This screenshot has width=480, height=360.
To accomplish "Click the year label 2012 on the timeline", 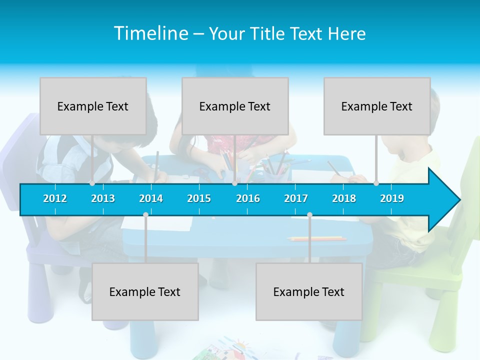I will coord(55,198).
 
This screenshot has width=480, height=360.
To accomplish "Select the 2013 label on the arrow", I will coord(103,198).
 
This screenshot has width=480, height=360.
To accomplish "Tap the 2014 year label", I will coord(151,198).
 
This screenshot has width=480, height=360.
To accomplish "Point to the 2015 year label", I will coord(199,198).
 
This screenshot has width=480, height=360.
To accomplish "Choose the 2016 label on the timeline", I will coord(248,198).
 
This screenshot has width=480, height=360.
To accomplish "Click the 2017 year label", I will coord(296,198).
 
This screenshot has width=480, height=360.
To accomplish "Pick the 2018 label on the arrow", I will coord(344,198).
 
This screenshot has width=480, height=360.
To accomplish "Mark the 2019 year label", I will coord(392,198).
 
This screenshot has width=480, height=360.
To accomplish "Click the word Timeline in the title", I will coord(150,33).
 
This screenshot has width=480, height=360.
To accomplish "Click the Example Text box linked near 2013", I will coord(93,106).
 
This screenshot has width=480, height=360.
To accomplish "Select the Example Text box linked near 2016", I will coord(235,106).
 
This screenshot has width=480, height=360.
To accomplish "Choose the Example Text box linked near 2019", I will coord(377,106).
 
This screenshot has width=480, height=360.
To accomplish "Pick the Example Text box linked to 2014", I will coord(145,291).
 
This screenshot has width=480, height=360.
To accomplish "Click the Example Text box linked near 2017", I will coord(309,291).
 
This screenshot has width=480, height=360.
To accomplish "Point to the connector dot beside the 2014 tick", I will coord(145,215).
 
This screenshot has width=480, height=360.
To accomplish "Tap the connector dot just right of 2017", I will coord(309,215).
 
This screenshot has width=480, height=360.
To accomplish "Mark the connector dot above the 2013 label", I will coord(92,183).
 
